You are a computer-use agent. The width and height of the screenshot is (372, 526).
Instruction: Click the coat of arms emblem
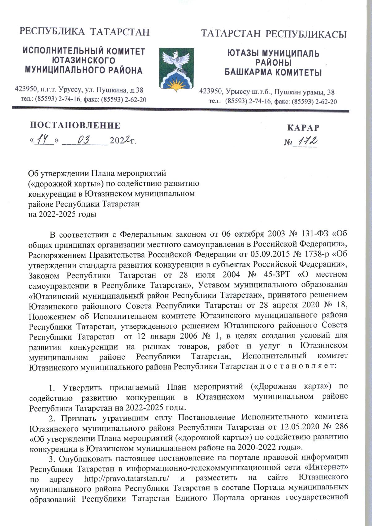point(176,69)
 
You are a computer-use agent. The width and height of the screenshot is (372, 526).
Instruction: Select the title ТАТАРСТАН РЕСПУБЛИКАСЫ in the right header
point(274,33)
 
